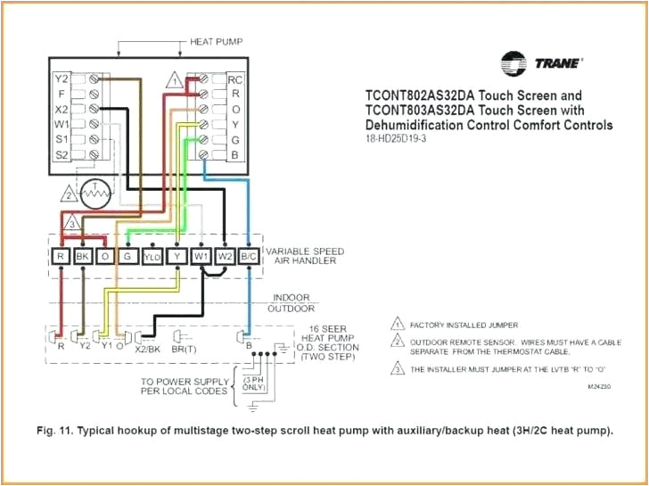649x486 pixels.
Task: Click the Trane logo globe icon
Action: point(514,64)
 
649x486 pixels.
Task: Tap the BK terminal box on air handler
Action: point(84,257)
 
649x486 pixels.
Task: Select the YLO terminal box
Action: point(153,257)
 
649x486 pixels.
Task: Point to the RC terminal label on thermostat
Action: point(234,78)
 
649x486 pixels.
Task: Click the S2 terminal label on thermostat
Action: point(62,154)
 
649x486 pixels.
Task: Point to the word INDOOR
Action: point(291,297)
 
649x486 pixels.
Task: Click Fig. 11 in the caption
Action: point(56,431)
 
